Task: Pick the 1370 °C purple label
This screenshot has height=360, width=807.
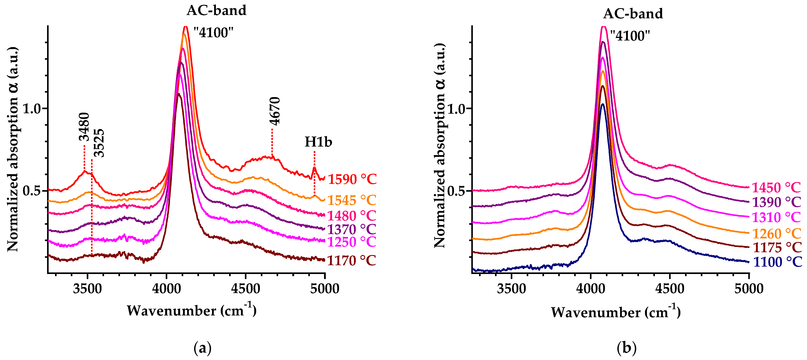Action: pos(351,229)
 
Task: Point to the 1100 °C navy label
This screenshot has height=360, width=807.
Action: pos(777,262)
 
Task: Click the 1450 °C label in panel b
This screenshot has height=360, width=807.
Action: pos(776,188)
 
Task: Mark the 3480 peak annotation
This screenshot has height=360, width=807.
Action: pos(84,127)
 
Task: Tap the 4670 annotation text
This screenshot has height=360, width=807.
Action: pos(275,111)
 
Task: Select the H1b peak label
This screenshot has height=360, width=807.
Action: pos(318,142)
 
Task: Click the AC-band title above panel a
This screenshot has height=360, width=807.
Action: pos(216,10)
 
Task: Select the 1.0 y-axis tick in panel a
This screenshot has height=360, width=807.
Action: pos(32,109)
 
